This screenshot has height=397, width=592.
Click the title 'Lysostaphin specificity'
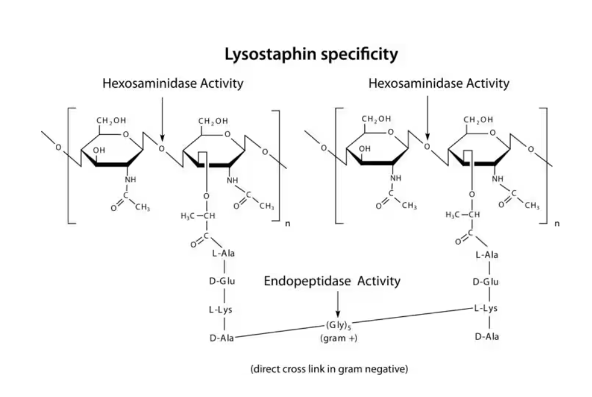(x=311, y=55)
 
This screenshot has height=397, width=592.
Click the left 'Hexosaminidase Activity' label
(x=172, y=84)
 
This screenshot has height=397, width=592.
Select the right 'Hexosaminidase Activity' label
(x=438, y=84)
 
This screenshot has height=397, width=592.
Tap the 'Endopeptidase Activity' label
(x=332, y=281)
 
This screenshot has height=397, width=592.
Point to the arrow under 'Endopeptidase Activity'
(x=337, y=304)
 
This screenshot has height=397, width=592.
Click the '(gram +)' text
(x=338, y=339)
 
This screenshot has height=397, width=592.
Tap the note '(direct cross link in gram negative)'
(x=329, y=369)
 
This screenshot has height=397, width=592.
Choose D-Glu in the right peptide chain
(x=486, y=282)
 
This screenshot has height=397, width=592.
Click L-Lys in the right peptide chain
(x=486, y=308)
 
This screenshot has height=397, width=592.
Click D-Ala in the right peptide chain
(x=486, y=337)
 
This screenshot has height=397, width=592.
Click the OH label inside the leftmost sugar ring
(x=98, y=150)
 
